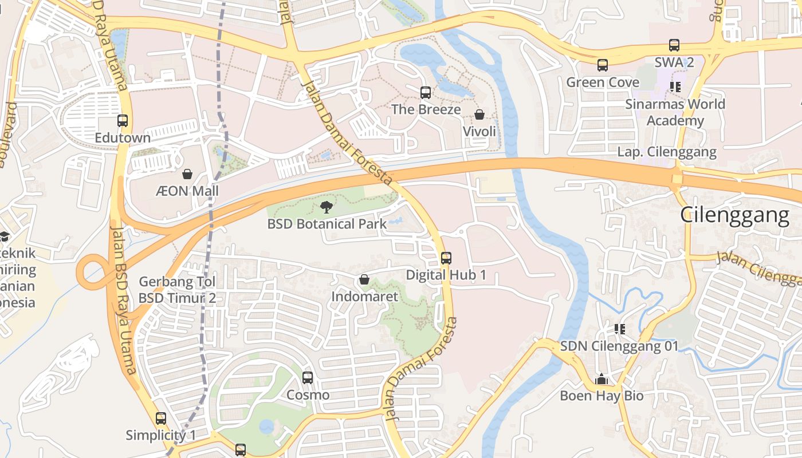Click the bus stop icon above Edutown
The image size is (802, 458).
pos(123,121)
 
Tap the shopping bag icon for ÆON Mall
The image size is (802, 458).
pos(187,173)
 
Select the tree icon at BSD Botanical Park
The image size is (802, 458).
pos(327,207)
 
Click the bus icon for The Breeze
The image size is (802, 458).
pos(426,93)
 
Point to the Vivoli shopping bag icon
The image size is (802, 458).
pos(479,115)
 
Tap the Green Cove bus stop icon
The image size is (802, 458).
pos(603,65)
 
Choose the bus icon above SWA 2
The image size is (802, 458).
pos(674,45)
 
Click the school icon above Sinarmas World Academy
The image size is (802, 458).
pos(675,87)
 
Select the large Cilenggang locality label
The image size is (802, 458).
pos(734,215)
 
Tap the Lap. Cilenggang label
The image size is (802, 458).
pos(667,152)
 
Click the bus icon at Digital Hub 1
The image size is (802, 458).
pos(446,258)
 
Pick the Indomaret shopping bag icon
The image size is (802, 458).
pos(364,280)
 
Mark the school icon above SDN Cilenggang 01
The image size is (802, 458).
pos(619,329)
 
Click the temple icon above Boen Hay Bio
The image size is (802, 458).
pos(601,379)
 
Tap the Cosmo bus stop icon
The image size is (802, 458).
pos(308,378)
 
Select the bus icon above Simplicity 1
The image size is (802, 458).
pos(161,418)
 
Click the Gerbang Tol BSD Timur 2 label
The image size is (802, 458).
pos(177,290)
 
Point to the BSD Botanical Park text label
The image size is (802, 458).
pos(327,224)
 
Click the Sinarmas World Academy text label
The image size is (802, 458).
pos(675,112)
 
